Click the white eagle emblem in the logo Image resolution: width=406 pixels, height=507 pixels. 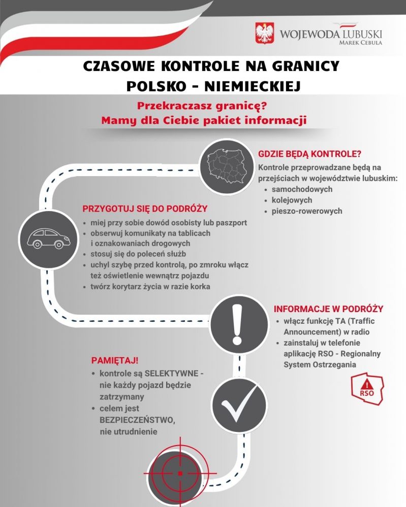point(264,33)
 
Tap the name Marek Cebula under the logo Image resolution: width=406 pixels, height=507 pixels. point(360,43)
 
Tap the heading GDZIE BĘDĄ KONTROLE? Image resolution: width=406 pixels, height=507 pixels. point(310,154)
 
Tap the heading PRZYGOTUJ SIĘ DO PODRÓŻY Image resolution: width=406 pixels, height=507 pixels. point(145,209)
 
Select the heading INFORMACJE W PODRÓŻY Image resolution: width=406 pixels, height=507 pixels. point(328,309)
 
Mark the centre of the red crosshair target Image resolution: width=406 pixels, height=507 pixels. point(180,473)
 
